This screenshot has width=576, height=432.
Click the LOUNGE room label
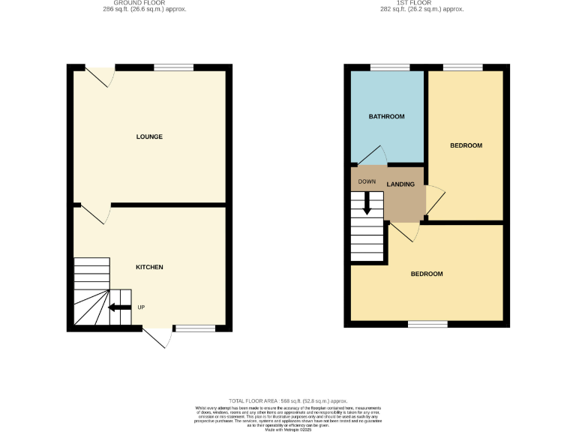[149, 136]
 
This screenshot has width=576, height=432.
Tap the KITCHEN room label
[149, 267]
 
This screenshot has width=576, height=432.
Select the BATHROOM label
[386, 116]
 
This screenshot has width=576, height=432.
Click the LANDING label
[400, 184]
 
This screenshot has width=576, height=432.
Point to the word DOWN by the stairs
[367, 181]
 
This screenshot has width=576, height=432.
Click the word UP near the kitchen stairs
[141, 307]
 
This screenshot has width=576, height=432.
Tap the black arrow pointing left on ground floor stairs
[119, 307]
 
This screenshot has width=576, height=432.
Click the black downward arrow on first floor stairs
[367, 203]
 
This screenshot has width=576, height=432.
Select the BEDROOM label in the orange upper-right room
[466, 145]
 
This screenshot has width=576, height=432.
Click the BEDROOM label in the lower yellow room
[426, 274]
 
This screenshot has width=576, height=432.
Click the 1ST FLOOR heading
[422, 4]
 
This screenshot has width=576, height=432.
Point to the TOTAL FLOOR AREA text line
[287, 401]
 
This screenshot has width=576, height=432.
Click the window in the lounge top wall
[173, 67]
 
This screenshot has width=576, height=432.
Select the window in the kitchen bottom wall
[193, 327]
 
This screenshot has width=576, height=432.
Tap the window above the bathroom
[384, 67]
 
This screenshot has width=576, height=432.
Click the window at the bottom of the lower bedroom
[427, 324]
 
